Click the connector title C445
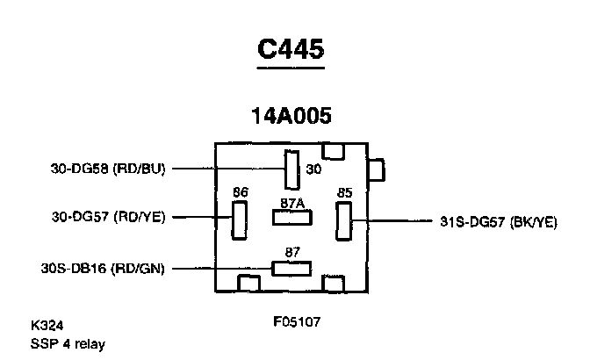(x=291, y=50)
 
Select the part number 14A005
(x=291, y=115)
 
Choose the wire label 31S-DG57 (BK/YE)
(x=498, y=222)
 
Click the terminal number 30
(x=313, y=168)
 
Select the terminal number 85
(x=345, y=191)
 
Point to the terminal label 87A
(x=292, y=204)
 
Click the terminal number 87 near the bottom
(x=292, y=253)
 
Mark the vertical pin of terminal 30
(x=291, y=169)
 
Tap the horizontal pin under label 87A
(x=291, y=218)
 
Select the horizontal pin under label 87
(x=291, y=267)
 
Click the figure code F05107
(x=297, y=321)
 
